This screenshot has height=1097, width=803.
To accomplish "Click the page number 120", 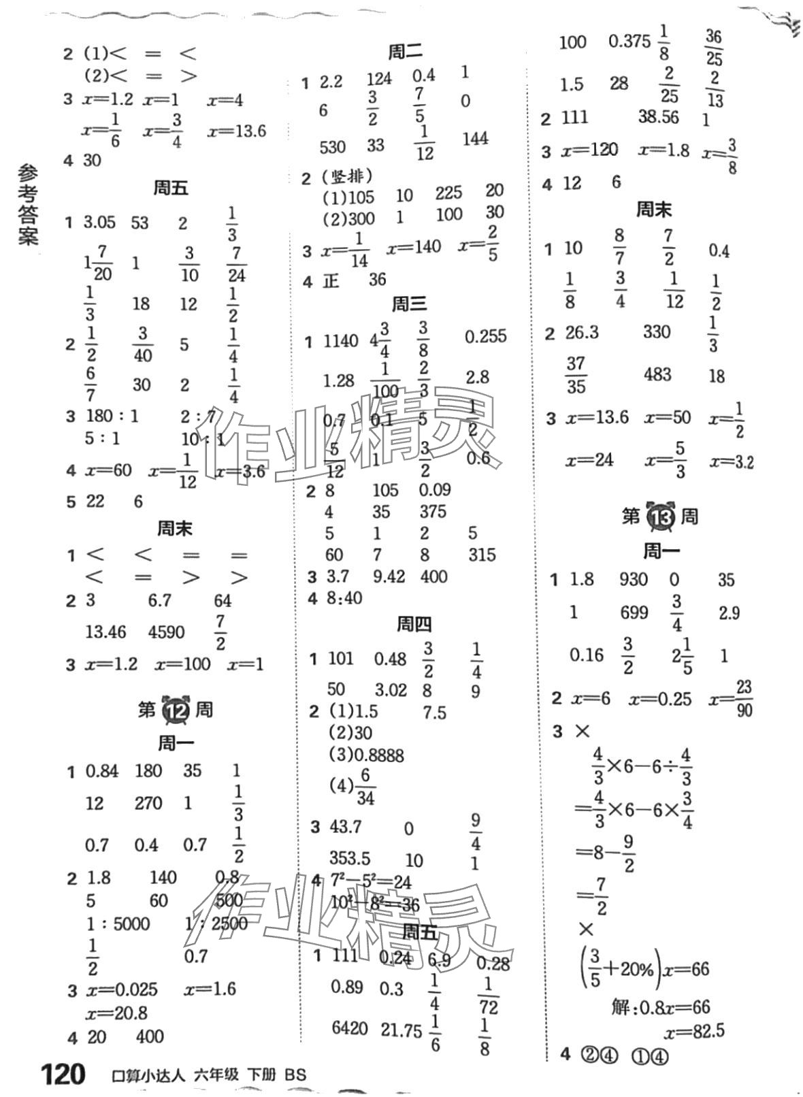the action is tap(63, 1075).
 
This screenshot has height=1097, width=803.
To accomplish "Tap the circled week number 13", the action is tap(659, 517).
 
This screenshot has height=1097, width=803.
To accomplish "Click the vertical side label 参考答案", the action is tap(28, 205).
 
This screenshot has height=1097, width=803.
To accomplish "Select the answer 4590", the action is tap(166, 632).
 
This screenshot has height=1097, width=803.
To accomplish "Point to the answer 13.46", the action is tap(105, 632).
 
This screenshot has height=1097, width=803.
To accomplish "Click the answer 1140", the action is tap(340, 341).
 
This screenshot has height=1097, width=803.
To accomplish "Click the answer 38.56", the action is tap(658, 118).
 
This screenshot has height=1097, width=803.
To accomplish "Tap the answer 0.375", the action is tap(629, 42).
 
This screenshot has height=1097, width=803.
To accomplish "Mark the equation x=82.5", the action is tap(692, 1032).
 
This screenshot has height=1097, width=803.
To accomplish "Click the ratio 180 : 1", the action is tap(112, 416).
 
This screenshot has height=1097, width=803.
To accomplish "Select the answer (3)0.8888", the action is tap(366, 755).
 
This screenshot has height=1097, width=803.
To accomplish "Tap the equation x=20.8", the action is tap(116, 1013).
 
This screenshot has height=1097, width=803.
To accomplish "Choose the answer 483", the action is tap(657, 375).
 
